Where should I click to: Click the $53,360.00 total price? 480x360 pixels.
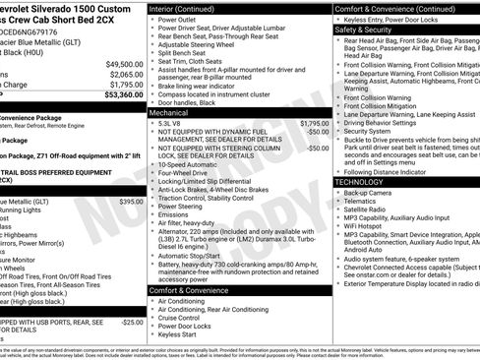(x=112, y=96)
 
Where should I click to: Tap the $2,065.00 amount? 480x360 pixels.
(x=116, y=74)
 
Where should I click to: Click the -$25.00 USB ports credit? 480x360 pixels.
(x=132, y=323)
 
